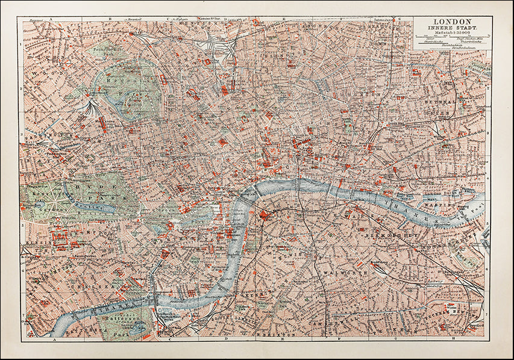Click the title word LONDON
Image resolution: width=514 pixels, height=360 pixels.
click(452, 21)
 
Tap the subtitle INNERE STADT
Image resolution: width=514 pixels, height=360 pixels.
click(452, 28)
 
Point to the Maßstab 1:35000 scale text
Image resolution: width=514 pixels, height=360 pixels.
click(452, 33)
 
